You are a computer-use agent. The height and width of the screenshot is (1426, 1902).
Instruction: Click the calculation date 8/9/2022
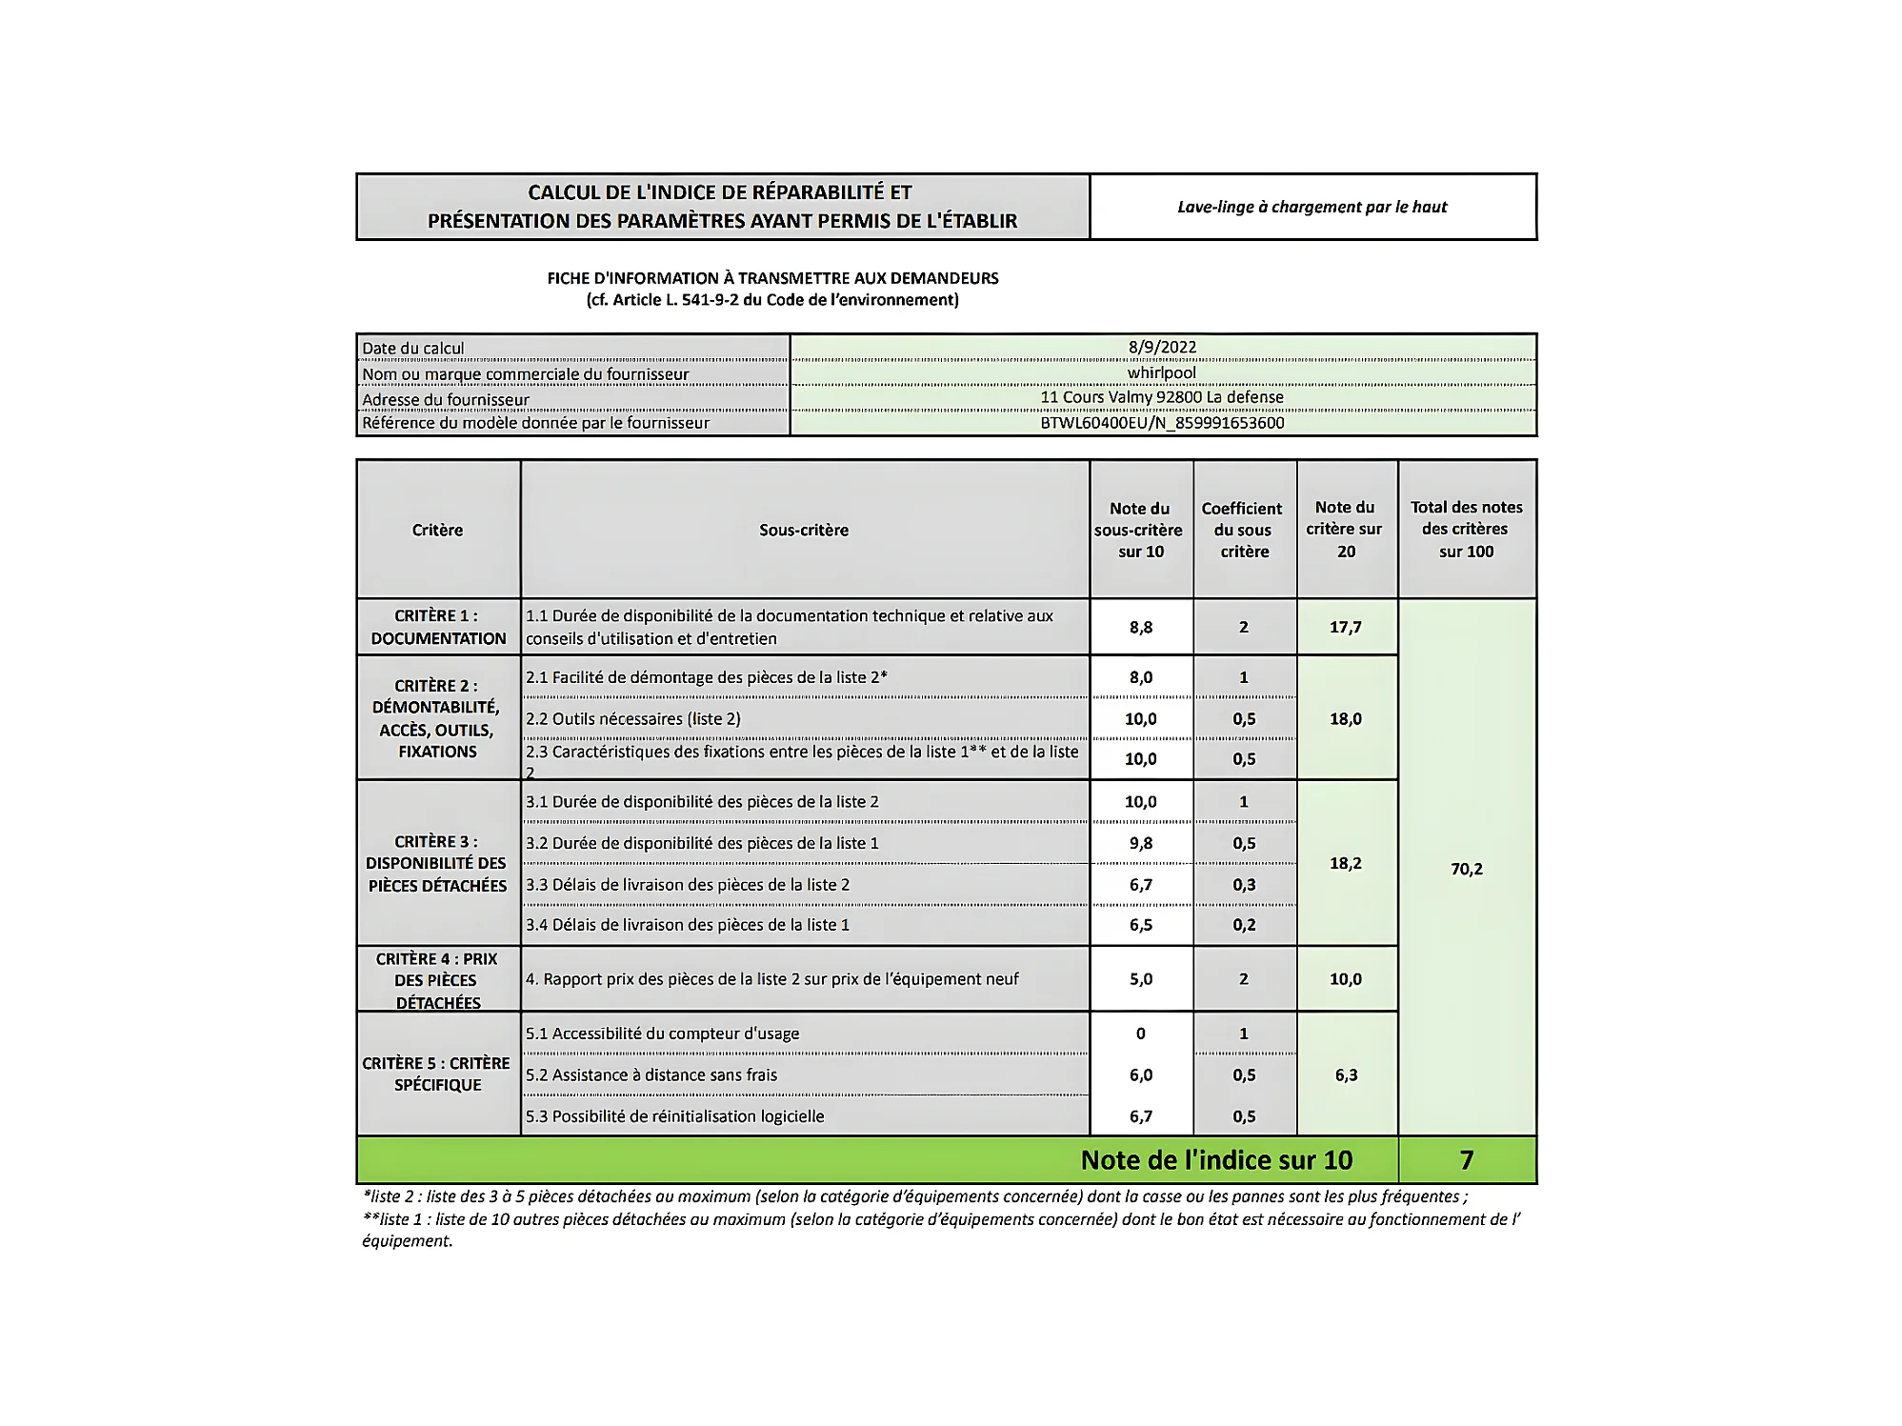tap(1162, 348)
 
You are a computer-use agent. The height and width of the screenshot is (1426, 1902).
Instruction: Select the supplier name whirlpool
tap(1162, 372)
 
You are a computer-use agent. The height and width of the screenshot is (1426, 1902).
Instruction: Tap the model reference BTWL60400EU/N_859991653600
tap(1162, 423)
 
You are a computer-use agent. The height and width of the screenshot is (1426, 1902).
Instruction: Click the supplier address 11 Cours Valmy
tap(1162, 397)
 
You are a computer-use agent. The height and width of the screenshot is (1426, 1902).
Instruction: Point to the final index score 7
tap(1466, 1160)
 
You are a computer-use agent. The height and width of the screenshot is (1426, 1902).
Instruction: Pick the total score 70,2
tap(1466, 869)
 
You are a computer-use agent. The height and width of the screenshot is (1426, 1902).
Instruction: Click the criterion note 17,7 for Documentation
tap(1345, 627)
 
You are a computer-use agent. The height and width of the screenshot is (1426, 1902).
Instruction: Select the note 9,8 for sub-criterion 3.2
tap(1140, 843)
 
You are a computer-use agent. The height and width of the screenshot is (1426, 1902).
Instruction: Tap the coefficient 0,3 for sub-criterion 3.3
tap(1244, 885)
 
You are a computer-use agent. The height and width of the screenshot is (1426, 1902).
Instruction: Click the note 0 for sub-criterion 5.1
tap(1140, 1034)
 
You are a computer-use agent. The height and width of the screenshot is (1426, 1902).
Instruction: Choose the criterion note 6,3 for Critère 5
tap(1345, 1075)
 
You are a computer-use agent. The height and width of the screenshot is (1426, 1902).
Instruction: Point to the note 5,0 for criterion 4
tap(1140, 979)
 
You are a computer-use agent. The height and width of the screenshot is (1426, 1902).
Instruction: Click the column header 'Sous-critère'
tap(803, 530)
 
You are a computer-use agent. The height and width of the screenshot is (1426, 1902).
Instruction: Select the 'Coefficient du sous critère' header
tap(1243, 530)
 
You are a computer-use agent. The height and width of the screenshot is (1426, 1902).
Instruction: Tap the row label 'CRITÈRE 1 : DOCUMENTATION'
tap(437, 627)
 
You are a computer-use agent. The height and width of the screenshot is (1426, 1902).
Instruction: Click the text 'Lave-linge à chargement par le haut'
tap(1311, 207)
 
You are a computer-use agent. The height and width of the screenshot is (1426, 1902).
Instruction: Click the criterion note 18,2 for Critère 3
tap(1345, 863)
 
